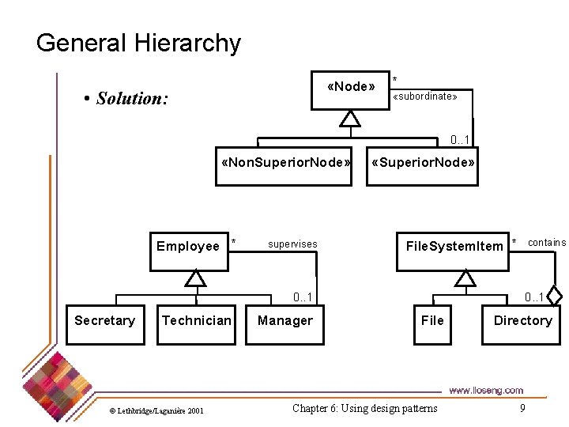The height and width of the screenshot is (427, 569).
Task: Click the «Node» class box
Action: [x=350, y=88]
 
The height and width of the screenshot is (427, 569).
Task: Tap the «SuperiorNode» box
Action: [x=423, y=164]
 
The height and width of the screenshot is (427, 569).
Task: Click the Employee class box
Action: [x=188, y=247]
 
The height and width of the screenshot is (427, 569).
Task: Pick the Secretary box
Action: [x=105, y=321]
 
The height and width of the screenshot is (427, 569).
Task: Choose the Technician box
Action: [x=197, y=321]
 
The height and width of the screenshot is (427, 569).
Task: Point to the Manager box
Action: [x=284, y=321]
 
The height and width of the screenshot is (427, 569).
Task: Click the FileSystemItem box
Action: [x=454, y=247]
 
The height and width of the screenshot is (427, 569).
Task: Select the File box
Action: [x=432, y=321]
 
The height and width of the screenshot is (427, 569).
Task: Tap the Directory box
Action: [x=522, y=321]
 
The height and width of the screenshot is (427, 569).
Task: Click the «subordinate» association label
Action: [x=425, y=96]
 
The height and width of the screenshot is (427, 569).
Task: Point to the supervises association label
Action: [x=292, y=244]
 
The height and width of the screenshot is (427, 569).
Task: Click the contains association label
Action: [x=547, y=243]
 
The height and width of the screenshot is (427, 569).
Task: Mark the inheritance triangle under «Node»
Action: [x=350, y=119]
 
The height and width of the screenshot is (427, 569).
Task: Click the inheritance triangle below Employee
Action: [x=195, y=278]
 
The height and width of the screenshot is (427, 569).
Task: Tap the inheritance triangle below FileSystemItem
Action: [x=466, y=278]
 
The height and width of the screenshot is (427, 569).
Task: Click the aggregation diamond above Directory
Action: [x=555, y=297]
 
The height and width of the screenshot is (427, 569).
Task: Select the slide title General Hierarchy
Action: [x=138, y=43]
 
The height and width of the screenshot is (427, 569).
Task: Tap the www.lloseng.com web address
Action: [x=485, y=390]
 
